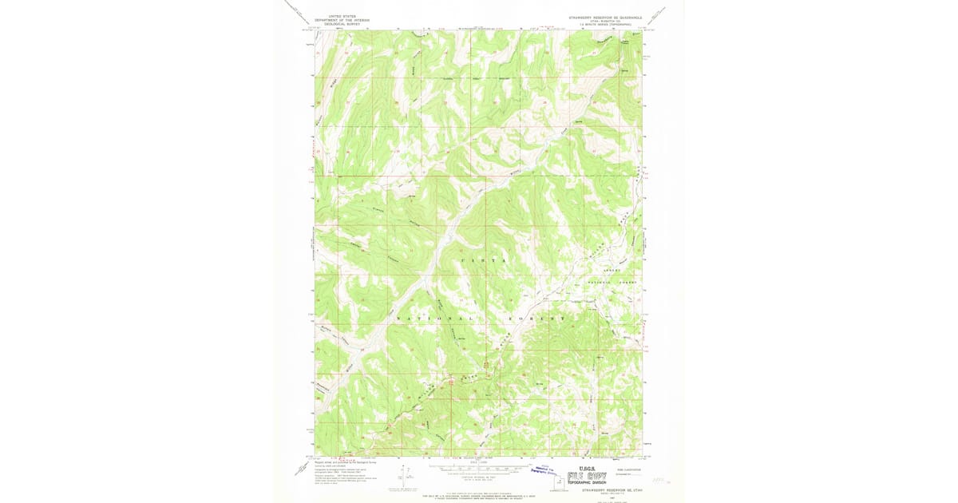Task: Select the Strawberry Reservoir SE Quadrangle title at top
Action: click(604, 17)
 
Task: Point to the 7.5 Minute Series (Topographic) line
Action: click(604, 25)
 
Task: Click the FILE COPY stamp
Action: click(587, 477)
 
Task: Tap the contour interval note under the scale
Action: click(477, 477)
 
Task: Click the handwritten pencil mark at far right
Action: click(659, 480)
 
